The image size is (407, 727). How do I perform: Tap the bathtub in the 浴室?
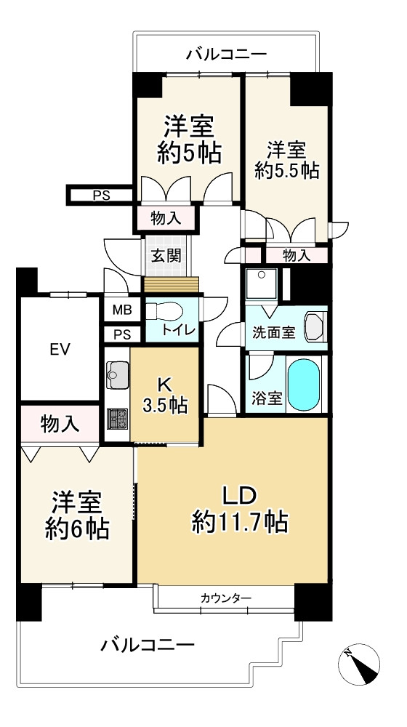tap(304, 384)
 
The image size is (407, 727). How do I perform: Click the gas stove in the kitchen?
tap(117, 418)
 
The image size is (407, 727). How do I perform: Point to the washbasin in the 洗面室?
tap(315, 327)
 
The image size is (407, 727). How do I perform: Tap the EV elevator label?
tap(60, 349)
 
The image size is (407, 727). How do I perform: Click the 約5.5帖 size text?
tap(287, 172)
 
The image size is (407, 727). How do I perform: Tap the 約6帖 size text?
tap(77, 529)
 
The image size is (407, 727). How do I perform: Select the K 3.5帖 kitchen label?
tap(164, 395)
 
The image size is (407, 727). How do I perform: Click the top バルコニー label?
tap(227, 55)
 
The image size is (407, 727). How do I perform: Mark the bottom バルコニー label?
tap(148, 644)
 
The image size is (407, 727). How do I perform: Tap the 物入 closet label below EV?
tap(59, 424)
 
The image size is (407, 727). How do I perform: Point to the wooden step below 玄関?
tap(171, 284)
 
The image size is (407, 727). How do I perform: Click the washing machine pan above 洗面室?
tap(262, 284)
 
